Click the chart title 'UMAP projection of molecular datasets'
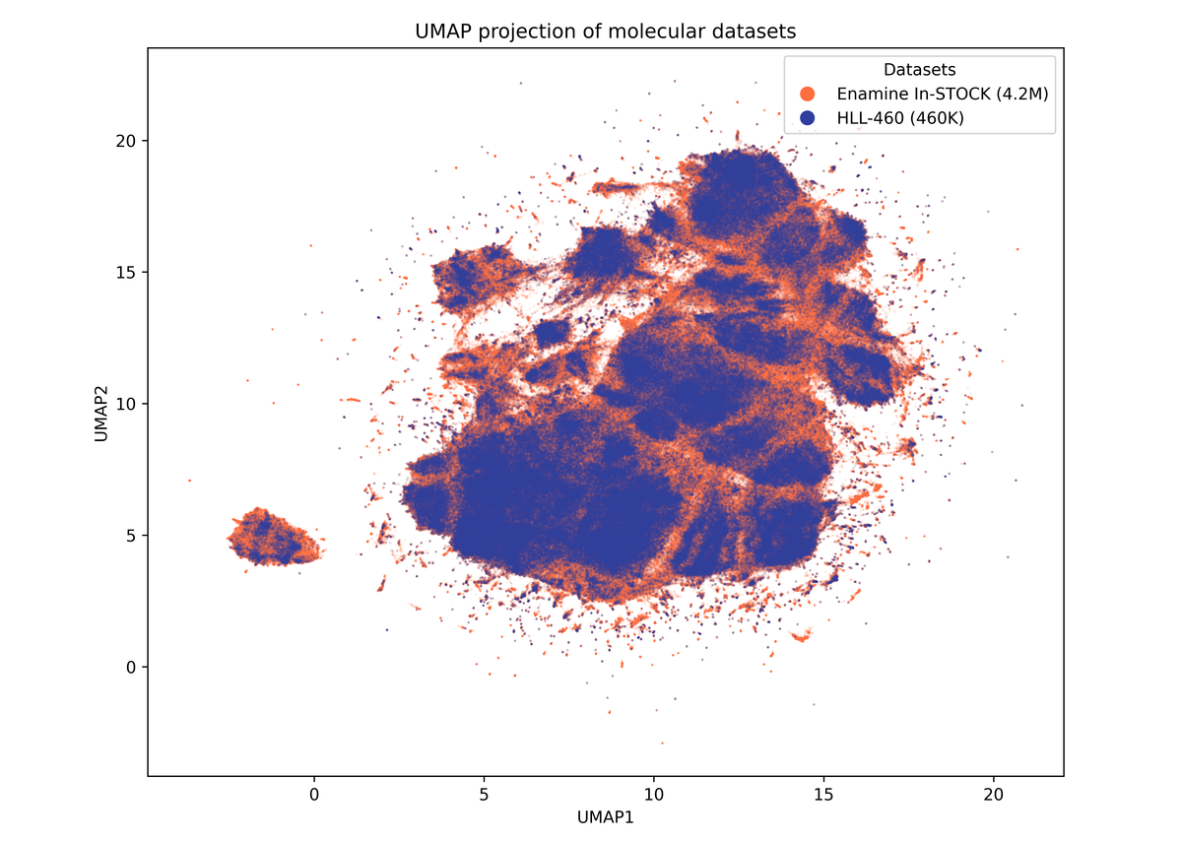coord(605,32)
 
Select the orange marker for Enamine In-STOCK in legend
coord(808,94)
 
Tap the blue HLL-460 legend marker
coord(808,117)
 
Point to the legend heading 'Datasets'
coord(919,70)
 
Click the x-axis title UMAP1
coord(605,816)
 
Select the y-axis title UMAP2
coord(100,404)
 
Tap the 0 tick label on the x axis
coord(313,794)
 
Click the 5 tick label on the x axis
coord(484,794)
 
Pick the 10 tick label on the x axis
coord(653,794)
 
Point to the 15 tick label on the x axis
coord(823,794)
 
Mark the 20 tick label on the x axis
coord(993,794)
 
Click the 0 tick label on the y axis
coord(128,667)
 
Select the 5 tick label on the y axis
coord(128,535)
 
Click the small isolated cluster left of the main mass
coord(273,538)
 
